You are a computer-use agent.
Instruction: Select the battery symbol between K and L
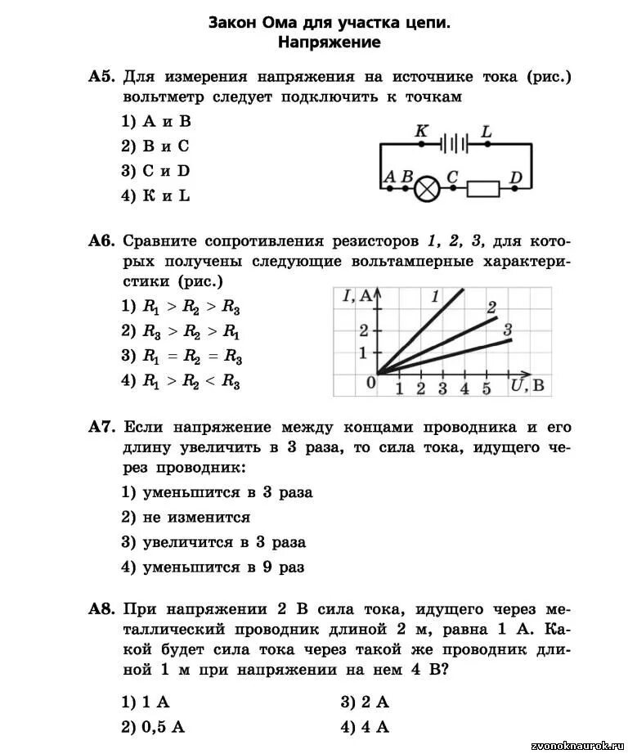(454, 145)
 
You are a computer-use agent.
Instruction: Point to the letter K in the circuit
(422, 131)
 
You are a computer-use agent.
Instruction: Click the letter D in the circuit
(515, 177)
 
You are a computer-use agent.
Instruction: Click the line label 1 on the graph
(435, 296)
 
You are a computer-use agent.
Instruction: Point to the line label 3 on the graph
(508, 330)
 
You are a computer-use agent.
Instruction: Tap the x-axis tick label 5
(486, 389)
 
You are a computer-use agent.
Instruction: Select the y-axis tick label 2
(365, 330)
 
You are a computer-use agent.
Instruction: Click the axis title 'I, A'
(357, 297)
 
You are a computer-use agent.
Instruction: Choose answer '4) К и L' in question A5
(155, 195)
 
